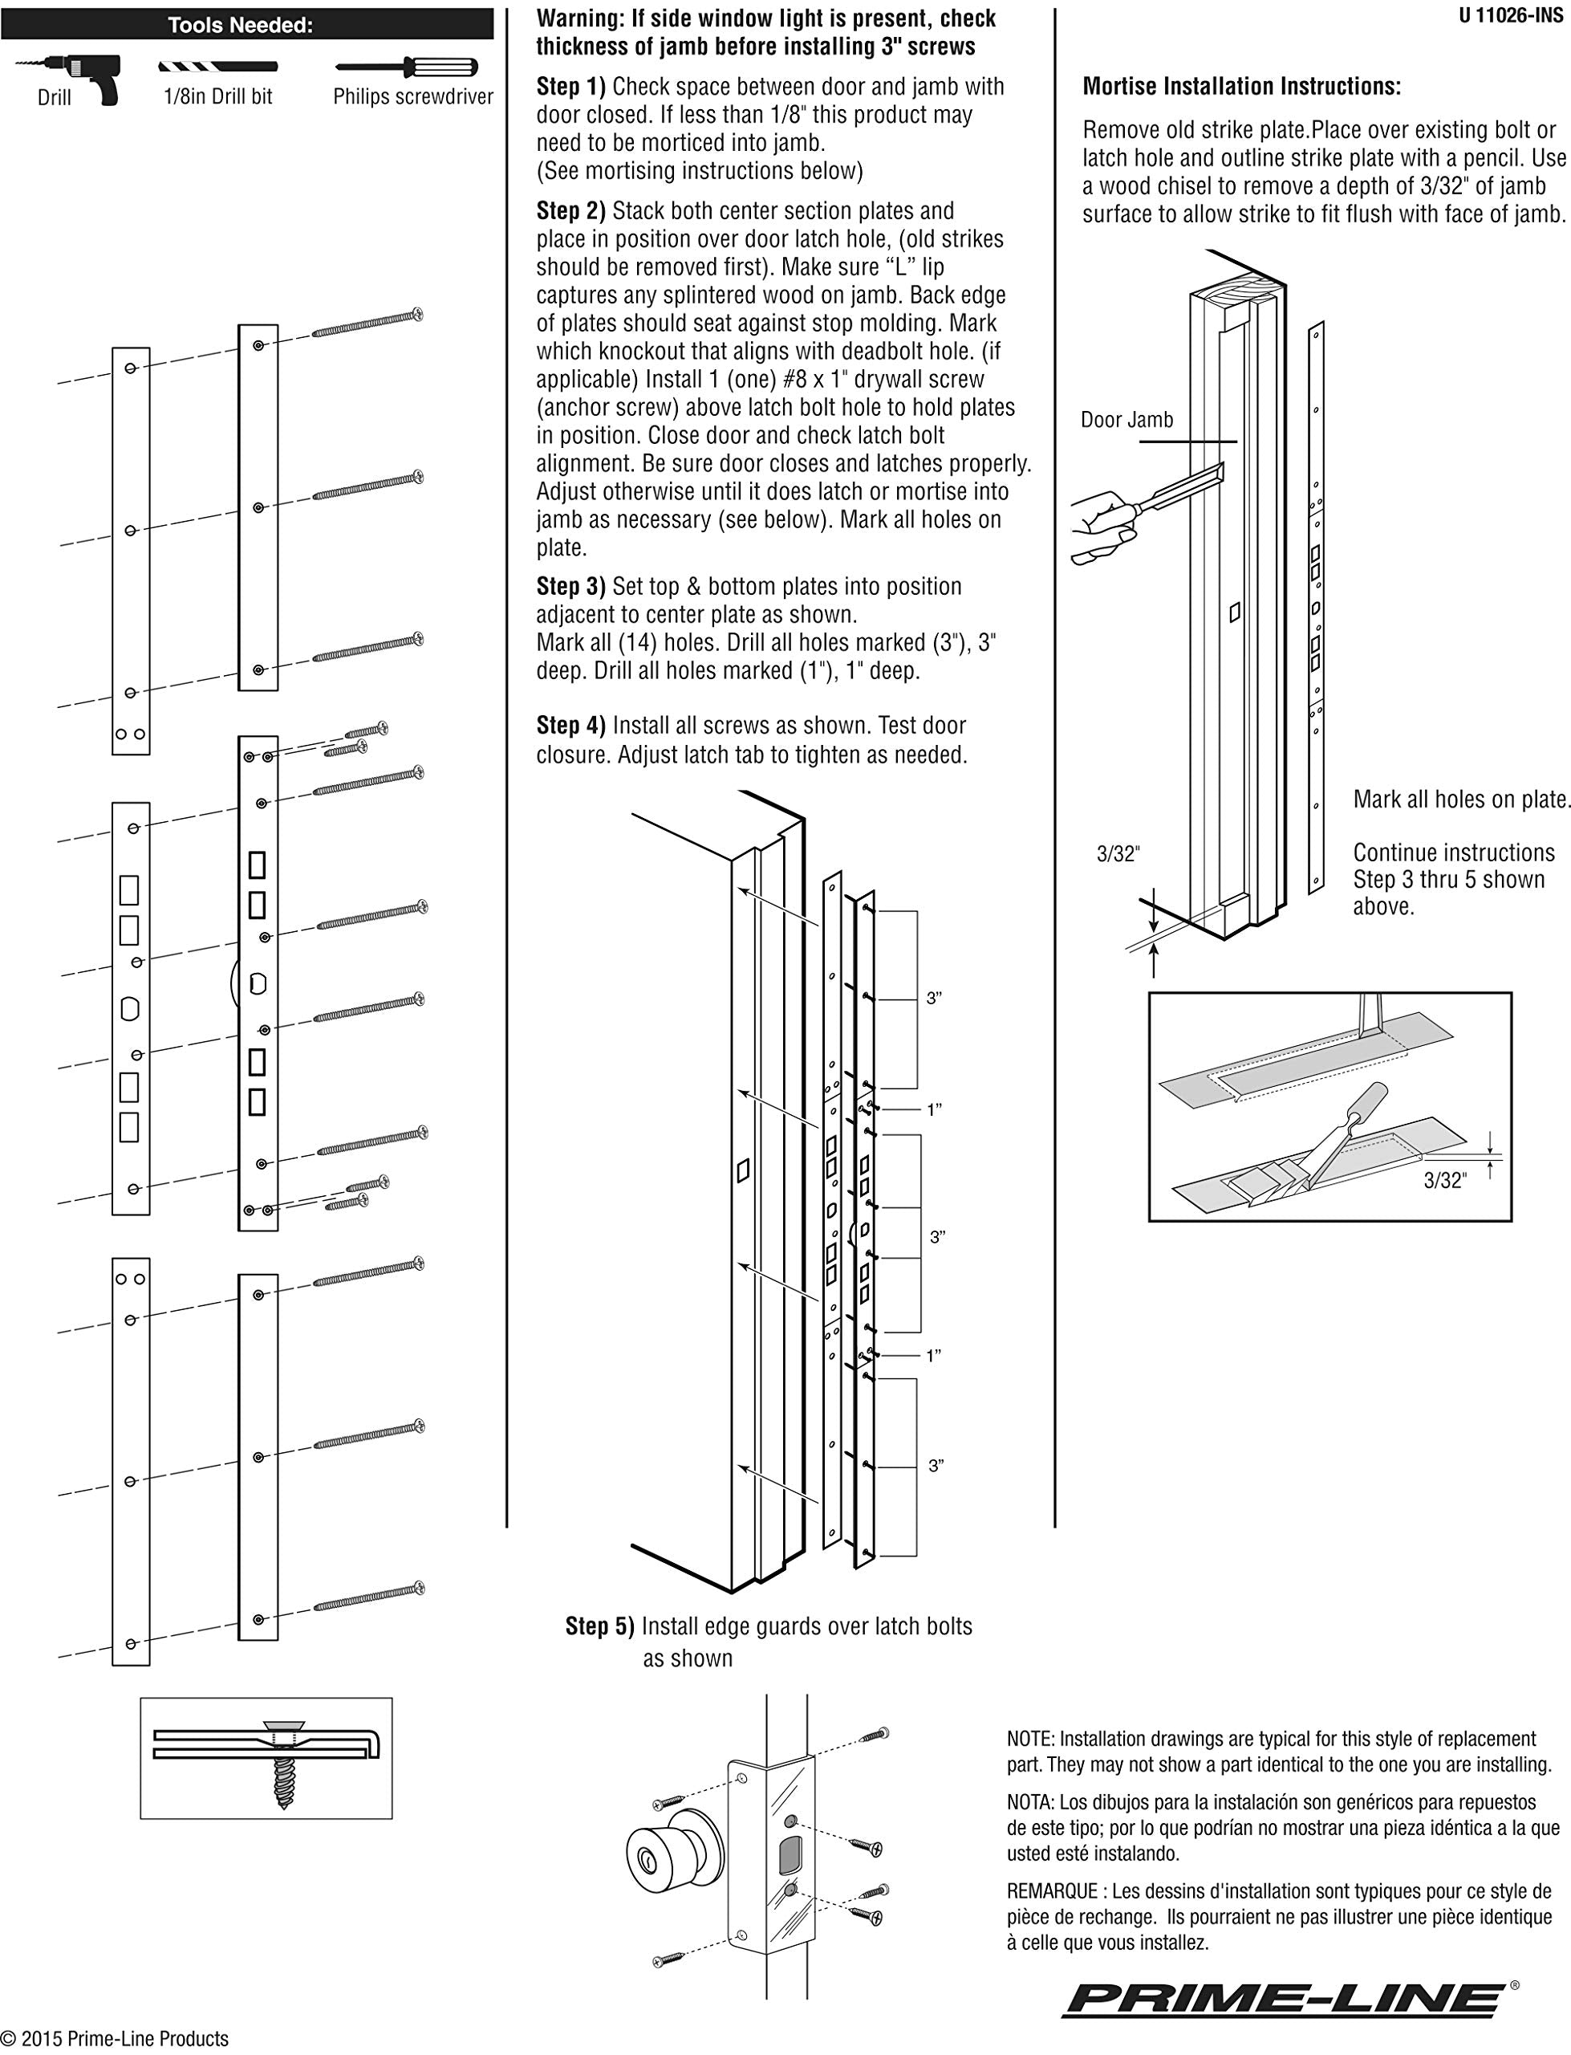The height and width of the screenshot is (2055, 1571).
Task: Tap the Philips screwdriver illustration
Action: pos(408,67)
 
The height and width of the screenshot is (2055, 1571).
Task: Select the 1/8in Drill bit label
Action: pos(218,96)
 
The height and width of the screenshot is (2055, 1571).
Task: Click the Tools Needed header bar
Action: pos(247,25)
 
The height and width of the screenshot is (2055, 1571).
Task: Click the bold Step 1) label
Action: pos(570,87)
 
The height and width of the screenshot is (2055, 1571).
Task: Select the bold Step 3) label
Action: pos(570,587)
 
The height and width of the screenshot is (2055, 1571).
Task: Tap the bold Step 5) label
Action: pos(599,1626)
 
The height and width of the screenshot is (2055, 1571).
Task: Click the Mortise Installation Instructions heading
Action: pos(1241,87)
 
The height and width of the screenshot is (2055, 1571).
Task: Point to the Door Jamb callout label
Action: pos(1126,420)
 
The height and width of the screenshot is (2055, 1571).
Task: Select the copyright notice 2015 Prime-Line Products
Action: pos(115,2039)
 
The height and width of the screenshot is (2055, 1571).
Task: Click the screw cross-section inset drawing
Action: pos(266,1759)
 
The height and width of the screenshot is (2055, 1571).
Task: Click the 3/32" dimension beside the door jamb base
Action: pos(1118,854)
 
